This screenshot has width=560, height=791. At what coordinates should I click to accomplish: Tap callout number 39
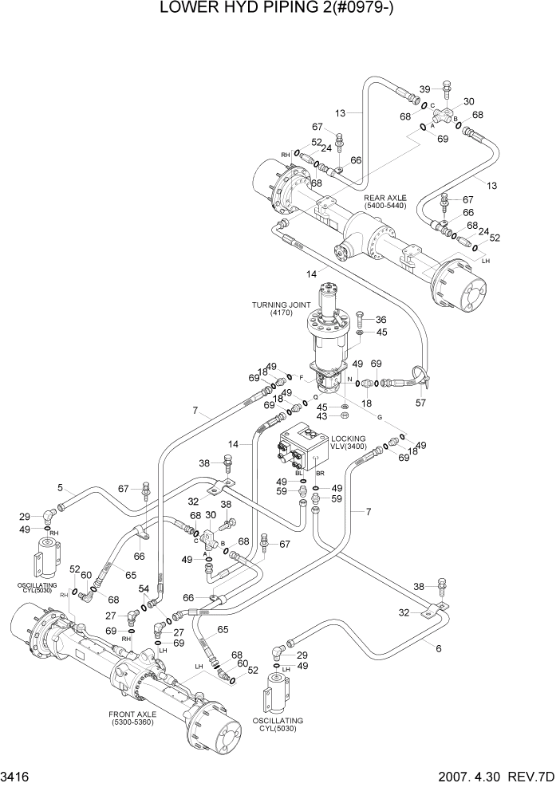point(425,89)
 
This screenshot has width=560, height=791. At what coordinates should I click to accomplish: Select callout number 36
point(381,320)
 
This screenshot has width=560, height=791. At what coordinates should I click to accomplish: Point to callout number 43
point(323,417)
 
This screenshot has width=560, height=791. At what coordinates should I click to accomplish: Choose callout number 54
point(144,588)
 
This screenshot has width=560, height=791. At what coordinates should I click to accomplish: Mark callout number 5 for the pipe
point(60,488)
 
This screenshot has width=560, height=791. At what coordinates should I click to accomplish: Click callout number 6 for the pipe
point(438,647)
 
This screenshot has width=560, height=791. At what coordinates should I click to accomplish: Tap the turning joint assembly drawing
point(329,335)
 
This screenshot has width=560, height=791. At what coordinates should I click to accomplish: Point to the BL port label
point(299,474)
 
